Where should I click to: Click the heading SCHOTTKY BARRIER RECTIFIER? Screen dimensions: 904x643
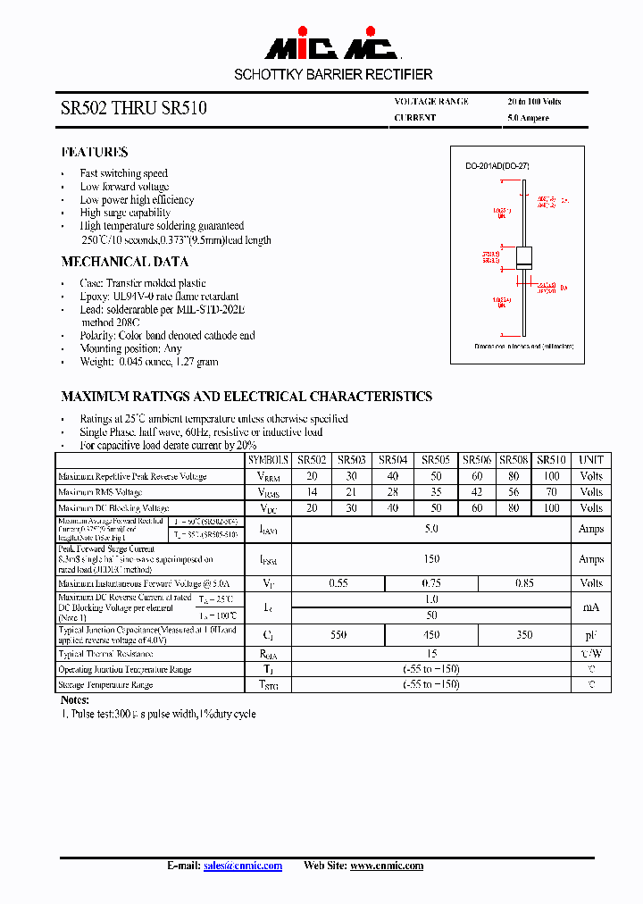[333, 75]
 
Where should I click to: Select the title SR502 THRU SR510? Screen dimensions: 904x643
[133, 109]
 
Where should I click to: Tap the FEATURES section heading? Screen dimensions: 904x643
[94, 152]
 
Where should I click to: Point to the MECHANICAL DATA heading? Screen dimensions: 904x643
[124, 262]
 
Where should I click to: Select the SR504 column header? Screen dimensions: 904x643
[393, 460]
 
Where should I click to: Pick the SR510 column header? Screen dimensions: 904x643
[551, 460]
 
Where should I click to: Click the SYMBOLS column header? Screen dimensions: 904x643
[268, 460]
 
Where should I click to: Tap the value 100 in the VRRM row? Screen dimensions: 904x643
[551, 476]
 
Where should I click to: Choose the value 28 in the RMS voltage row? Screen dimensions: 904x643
[393, 492]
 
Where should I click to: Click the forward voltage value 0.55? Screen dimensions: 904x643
[338, 583]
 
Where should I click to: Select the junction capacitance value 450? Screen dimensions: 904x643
[431, 635]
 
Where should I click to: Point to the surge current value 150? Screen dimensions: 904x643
[431, 559]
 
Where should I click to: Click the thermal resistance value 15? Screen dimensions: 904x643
[431, 654]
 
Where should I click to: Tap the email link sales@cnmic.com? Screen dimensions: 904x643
[243, 866]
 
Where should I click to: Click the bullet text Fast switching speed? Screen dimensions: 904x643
[123, 173]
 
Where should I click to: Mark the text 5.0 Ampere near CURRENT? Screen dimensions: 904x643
[528, 118]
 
